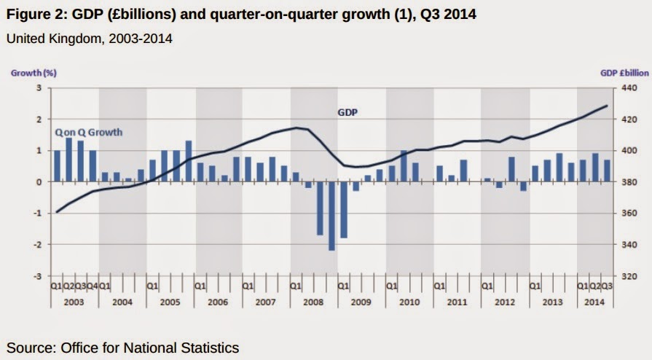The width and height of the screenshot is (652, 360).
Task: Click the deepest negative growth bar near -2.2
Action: click(332, 216)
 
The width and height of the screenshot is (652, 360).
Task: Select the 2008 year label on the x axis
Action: click(314, 301)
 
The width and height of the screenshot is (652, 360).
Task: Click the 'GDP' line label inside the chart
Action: click(347, 113)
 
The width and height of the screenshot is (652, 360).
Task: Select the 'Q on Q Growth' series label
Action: click(88, 132)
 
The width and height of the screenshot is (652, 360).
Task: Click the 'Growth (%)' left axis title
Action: click(34, 73)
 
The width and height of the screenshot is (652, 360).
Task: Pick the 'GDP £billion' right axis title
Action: click(624, 73)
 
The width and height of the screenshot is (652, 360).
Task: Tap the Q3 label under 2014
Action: click(606, 286)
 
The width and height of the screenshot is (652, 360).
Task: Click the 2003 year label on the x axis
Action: click(74, 301)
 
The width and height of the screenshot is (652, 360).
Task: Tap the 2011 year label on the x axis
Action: click(457, 301)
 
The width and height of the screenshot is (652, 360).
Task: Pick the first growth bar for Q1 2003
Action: click(57, 166)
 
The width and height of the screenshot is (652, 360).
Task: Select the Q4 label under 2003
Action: click(93, 286)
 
